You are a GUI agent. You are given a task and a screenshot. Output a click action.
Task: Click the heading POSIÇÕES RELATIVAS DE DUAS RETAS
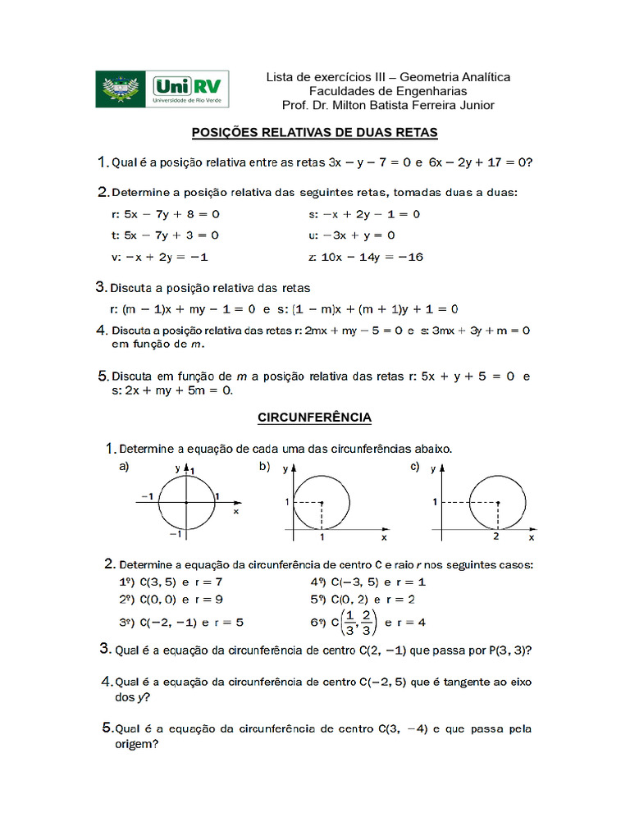point(314,132)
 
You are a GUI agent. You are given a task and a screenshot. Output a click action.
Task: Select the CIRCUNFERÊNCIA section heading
point(314,418)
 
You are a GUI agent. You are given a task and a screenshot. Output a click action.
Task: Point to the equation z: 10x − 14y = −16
point(366,257)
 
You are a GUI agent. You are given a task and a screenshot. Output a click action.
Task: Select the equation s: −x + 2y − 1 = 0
point(364,214)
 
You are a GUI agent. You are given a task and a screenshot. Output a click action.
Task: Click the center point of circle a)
point(187,501)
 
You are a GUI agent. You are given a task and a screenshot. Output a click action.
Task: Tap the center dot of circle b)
point(322,502)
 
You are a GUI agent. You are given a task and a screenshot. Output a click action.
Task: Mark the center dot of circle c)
point(498,502)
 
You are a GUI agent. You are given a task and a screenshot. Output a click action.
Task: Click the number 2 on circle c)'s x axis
point(496,536)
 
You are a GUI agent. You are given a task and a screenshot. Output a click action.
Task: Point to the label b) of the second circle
point(264,467)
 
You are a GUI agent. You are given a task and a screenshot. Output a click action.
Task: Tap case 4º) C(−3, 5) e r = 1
point(367,582)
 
